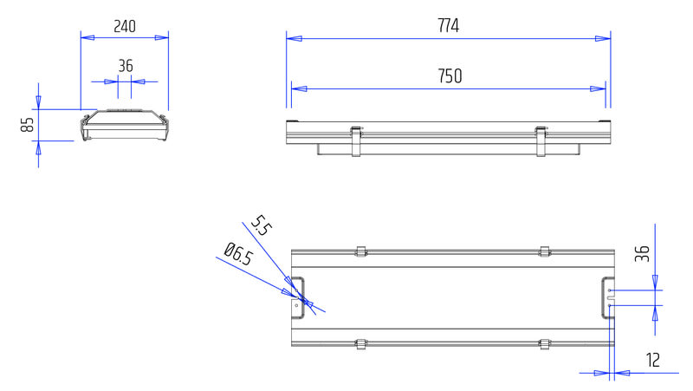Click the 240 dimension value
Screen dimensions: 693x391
point(125,27)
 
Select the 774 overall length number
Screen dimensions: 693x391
point(448,26)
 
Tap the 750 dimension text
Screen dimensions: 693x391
point(450,76)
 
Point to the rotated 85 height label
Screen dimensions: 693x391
point(28,125)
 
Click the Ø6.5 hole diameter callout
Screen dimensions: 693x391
point(238,254)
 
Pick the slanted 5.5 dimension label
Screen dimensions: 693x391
point(262,225)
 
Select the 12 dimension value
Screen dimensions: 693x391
point(653,360)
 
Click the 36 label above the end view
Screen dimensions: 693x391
point(126,66)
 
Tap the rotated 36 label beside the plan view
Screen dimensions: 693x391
point(642,253)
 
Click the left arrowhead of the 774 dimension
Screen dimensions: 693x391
point(294,38)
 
